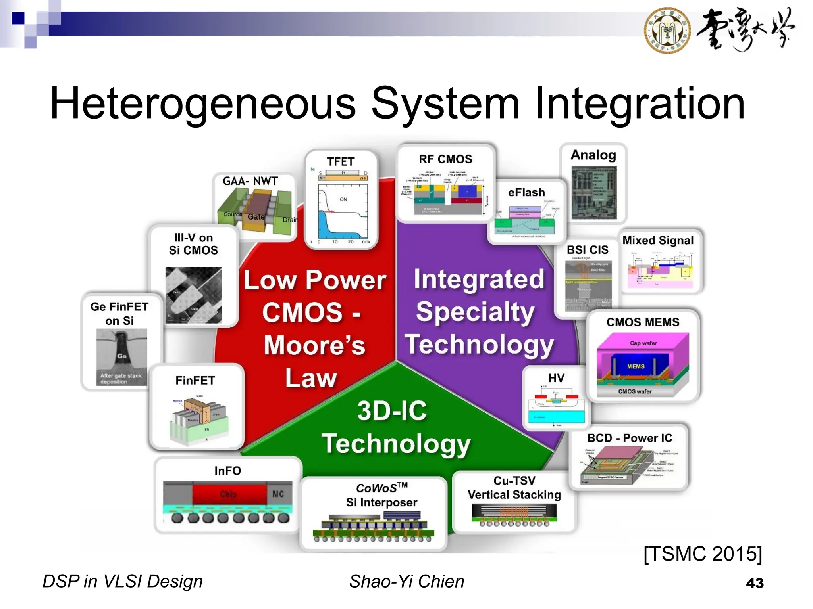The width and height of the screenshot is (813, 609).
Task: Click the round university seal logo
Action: click(667, 31)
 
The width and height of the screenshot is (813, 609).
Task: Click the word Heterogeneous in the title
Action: click(203, 103)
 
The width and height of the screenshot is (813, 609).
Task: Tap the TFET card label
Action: click(341, 162)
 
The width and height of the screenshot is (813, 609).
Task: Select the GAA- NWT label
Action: click(250, 181)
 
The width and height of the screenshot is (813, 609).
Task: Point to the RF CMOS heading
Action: click(445, 159)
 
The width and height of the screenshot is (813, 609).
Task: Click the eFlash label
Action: click(526, 193)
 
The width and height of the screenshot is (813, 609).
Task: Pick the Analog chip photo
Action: click(594, 193)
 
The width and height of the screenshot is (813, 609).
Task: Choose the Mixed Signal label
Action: click(658, 241)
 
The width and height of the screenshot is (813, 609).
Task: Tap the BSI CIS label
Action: click(587, 250)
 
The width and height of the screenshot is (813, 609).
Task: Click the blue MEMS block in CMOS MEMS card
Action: click(636, 366)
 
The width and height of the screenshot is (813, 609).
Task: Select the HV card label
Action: click(556, 378)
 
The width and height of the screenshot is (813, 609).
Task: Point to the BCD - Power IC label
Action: click(630, 438)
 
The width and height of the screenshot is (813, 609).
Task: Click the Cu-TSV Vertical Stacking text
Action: click(514, 488)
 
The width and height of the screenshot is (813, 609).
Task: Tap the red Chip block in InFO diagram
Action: click(229, 494)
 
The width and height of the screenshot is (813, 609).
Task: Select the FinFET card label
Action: click(195, 381)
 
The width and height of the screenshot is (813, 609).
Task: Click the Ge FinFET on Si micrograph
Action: click(121, 357)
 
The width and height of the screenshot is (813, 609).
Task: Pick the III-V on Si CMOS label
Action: click(193, 244)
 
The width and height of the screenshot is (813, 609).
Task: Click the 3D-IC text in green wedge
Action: click(392, 411)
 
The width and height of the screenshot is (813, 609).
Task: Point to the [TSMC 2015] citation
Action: click(702, 553)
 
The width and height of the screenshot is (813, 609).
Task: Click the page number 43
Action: click(754, 583)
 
